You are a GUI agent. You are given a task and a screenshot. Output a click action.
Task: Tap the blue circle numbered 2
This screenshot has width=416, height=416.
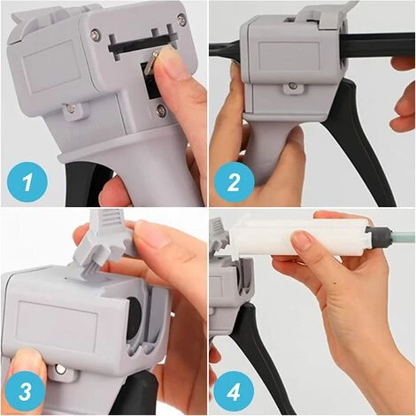tap(234, 183)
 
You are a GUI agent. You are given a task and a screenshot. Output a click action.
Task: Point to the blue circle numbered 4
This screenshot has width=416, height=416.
tap(235, 392)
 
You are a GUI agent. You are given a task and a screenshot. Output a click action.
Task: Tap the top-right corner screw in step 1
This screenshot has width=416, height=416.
tap(181, 19)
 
